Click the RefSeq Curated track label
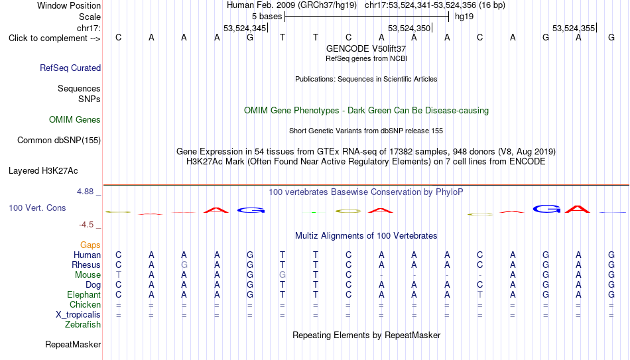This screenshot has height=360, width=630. (70, 68)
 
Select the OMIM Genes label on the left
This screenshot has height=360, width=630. (75, 120)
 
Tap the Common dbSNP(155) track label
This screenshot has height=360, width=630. (59, 141)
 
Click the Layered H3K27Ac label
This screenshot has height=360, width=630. (43, 171)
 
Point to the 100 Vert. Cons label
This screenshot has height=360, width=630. (37, 208)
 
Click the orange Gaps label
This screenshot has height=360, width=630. (90, 245)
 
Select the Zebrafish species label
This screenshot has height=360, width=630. (83, 325)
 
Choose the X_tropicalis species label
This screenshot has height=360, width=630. (78, 315)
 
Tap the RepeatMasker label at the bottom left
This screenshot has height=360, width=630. (73, 344)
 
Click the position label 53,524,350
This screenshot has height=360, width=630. (409, 28)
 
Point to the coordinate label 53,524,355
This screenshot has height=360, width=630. (574, 28)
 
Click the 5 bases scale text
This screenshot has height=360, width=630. (267, 17)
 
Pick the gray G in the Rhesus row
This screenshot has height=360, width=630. (184, 265)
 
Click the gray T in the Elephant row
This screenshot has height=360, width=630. (479, 294)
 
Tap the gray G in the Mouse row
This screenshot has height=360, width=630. (283, 275)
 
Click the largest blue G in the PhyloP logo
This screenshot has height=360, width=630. (547, 209)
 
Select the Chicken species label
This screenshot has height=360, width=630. (85, 304)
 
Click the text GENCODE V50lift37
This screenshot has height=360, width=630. (366, 48)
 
